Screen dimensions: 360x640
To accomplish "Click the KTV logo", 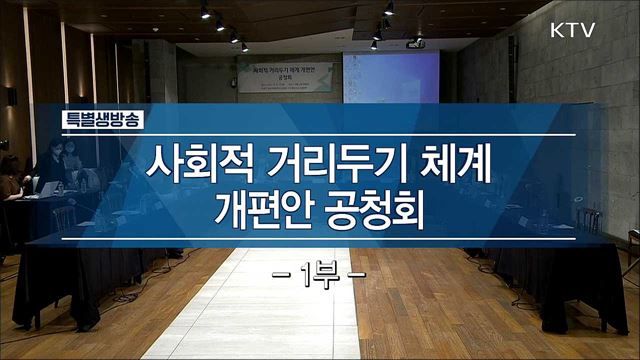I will coord(571,30).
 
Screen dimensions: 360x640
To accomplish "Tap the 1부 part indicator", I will coord(321,273).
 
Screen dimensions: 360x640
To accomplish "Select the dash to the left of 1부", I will coord(283,273).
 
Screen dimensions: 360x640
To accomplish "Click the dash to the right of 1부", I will coord(357,273).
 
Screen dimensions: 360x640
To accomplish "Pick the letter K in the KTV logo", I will coord(558,30).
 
